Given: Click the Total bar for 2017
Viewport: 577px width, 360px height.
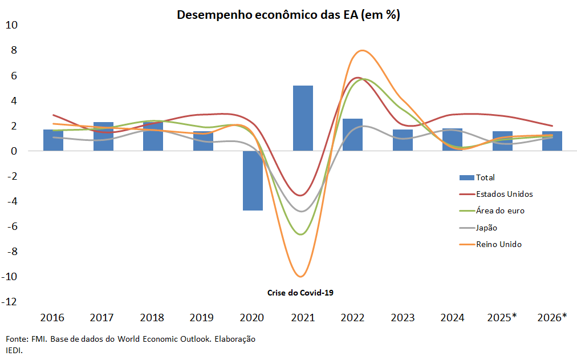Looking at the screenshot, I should point(103,136).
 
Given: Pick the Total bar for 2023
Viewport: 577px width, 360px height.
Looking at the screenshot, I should point(403,140).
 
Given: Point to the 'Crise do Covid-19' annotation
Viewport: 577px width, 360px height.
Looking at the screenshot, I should point(300,293).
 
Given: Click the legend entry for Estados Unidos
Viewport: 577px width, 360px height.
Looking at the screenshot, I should point(504,194).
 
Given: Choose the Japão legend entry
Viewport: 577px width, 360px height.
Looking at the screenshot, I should point(486,228).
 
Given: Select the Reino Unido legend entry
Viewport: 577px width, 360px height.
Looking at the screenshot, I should point(498,244).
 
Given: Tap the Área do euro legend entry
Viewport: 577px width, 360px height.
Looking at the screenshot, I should point(500,211).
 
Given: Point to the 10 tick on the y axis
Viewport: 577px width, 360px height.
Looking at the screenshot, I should point(12,25).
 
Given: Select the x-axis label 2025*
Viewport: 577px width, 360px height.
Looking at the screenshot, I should point(502,317).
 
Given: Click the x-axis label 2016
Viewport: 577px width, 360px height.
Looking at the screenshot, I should point(53,317).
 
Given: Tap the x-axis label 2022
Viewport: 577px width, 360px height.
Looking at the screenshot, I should point(352,317).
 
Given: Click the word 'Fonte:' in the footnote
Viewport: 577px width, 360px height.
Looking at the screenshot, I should point(17,339).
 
